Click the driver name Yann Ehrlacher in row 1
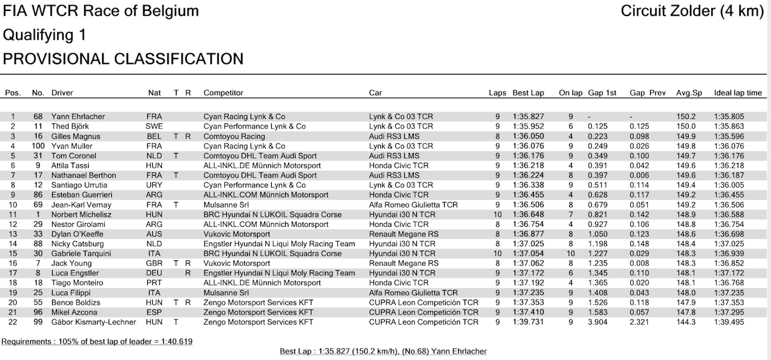coord(78,116)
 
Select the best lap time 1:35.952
coord(528,127)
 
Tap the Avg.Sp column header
coord(689,93)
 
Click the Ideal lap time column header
coord(738,93)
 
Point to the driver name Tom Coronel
coord(73,156)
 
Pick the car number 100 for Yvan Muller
coord(37,146)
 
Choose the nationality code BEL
coord(154,136)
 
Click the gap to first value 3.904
coord(598,322)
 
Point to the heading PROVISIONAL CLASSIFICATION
coord(123,59)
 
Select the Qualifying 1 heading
coord(45,35)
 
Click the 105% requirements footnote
coord(98,341)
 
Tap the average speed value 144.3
coord(686,322)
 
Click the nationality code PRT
coord(154,283)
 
